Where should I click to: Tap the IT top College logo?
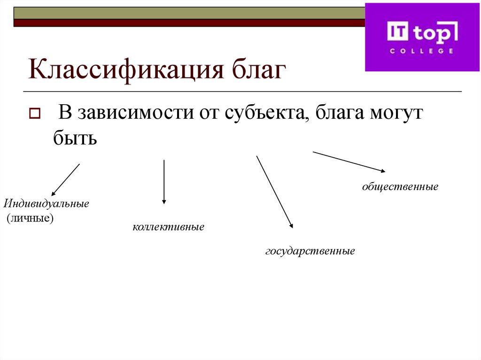422,37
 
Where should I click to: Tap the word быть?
75,139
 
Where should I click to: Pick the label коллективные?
168,227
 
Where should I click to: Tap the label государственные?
310,251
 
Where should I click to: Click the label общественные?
400,187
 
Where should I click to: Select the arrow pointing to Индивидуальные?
65,179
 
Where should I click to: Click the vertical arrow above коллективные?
164,182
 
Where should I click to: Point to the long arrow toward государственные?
274,191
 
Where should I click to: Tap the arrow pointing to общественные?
349,161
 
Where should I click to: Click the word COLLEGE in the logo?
421,51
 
